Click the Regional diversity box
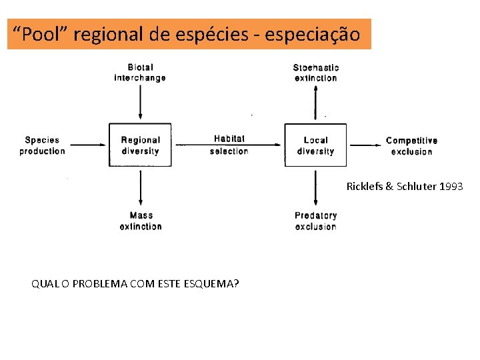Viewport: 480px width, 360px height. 140,145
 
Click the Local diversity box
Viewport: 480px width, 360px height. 315,145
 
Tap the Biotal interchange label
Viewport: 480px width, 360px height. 140,72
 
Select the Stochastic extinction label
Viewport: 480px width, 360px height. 316,72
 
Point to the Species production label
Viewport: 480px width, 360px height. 42,145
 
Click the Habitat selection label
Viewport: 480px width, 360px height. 229,145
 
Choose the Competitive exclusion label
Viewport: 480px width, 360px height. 411,146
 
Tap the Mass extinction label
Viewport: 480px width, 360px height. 141,221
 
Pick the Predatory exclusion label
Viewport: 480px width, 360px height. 316,221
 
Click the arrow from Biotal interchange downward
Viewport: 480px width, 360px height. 140,103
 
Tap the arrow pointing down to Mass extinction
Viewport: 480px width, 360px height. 140,187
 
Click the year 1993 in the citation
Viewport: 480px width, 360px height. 452,187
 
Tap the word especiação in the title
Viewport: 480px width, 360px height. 313,34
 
